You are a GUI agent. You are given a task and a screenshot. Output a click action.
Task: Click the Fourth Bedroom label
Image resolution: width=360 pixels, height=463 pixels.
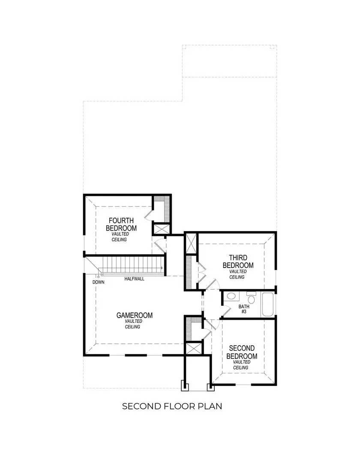[121, 224]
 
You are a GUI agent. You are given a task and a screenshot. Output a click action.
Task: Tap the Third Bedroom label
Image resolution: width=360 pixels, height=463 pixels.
[238, 261]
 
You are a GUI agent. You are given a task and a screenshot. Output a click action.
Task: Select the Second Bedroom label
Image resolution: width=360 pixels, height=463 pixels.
[242, 352]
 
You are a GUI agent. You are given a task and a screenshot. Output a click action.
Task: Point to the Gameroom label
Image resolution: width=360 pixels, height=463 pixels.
[134, 315]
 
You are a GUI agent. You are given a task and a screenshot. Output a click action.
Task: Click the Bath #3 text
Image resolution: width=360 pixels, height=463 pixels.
[243, 309]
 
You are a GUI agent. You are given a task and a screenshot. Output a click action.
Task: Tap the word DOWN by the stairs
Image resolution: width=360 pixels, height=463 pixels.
[98, 283]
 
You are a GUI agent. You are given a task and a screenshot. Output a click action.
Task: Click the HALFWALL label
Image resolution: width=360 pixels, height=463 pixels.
[134, 279]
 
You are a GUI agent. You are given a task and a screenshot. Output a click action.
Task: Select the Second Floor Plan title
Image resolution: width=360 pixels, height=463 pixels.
[172, 406]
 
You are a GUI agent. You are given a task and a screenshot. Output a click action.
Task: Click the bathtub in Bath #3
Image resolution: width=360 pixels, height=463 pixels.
[267, 304]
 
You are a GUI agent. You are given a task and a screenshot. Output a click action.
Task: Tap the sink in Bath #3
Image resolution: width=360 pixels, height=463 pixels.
[231, 296]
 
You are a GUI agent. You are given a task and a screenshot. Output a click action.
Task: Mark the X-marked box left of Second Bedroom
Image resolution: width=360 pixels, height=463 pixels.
[192, 349]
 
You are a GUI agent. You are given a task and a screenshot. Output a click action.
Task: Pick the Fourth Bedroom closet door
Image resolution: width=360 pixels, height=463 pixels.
[149, 214]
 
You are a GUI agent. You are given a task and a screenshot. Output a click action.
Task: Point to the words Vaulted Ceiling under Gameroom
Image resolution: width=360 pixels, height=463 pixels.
[133, 324]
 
